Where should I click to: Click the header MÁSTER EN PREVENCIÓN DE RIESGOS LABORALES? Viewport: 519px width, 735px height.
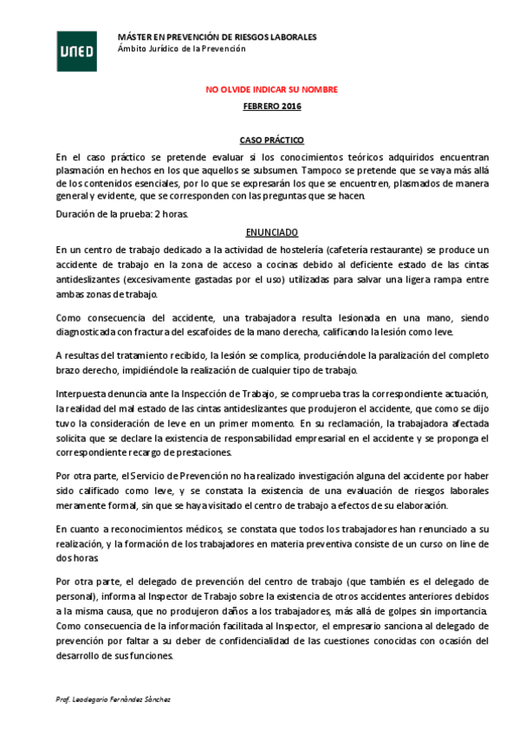217,36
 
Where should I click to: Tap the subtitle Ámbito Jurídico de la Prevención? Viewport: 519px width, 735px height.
181,49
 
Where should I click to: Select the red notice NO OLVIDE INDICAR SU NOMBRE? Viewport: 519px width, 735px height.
271,89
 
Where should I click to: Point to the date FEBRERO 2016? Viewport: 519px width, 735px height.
271,106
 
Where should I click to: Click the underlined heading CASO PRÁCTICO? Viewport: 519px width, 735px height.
271,140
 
